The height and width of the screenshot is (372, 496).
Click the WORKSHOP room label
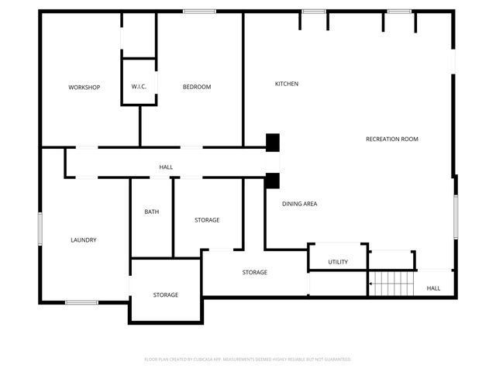[x=84, y=87]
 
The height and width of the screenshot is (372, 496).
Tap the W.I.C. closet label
[x=139, y=86]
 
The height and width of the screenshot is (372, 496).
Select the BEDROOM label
[x=197, y=87]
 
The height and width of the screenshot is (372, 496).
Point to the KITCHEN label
[x=287, y=84]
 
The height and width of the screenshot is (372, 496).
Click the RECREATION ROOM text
[x=392, y=139]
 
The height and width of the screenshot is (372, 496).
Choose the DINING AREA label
[x=299, y=204]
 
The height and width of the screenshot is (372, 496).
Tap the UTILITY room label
[x=338, y=262]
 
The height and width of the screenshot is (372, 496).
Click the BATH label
[x=152, y=212]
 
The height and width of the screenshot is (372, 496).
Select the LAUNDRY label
[x=84, y=240]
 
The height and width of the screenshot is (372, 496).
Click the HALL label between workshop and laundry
[x=166, y=167]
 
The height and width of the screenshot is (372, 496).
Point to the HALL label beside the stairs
[x=433, y=288]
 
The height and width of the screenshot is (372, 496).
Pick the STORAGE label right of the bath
[x=207, y=220]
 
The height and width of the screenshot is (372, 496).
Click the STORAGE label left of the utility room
[x=255, y=272]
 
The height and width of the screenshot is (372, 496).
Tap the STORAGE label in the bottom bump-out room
[x=166, y=294]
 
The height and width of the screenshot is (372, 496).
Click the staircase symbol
[x=392, y=284]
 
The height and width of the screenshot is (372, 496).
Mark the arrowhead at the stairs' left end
[x=371, y=284]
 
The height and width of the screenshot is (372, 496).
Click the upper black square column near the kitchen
[x=272, y=143]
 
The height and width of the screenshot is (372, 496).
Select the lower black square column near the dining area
[x=272, y=181]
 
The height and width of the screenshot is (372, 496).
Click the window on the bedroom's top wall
[x=199, y=11]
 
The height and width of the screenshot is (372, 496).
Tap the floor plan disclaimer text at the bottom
[x=248, y=360]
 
